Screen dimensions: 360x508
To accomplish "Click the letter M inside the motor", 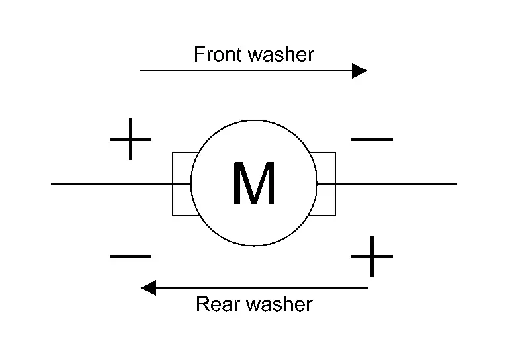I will [x=254, y=184].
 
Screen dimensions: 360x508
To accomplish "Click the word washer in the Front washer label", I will [x=281, y=54].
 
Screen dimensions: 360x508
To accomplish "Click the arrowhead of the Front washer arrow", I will [x=360, y=70].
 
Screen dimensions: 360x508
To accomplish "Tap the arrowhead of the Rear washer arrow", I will [x=148, y=288].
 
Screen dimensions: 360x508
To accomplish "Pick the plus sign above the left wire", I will [x=130, y=140].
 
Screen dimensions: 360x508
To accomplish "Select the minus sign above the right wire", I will [x=371, y=140].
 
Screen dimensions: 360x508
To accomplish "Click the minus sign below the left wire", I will [x=130, y=256].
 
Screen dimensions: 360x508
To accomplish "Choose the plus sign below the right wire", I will [x=371, y=256].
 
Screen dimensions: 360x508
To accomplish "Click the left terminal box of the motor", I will [x=181, y=184].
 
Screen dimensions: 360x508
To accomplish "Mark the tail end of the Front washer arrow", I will [x=142, y=70].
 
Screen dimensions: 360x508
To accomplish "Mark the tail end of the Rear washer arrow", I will [x=366, y=288].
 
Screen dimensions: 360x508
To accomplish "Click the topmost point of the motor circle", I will [x=254, y=120].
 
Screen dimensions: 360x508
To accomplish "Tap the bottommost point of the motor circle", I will [x=254, y=246].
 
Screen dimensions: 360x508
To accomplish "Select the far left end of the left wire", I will [x=52, y=183].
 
